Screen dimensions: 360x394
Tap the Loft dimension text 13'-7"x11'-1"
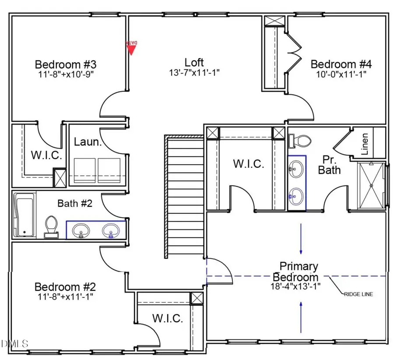tap(194, 72)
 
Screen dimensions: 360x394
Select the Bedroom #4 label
tap(341, 64)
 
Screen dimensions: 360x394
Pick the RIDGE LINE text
tap(358, 294)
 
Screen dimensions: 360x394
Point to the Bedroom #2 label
tap(65, 287)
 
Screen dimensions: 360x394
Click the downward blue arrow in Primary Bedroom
tap(301, 239)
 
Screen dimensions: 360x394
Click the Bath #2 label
tap(74, 203)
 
